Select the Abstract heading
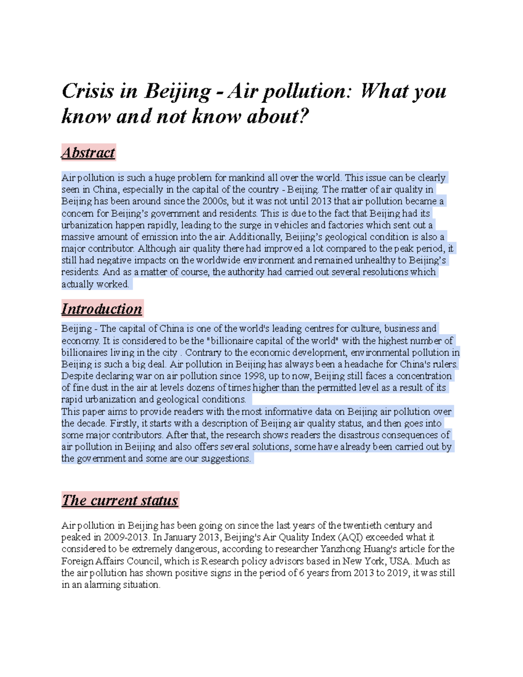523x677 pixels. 88,153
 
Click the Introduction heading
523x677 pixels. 102,309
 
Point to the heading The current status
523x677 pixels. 120,500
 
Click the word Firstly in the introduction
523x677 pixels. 123,423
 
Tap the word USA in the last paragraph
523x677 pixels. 400,561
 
